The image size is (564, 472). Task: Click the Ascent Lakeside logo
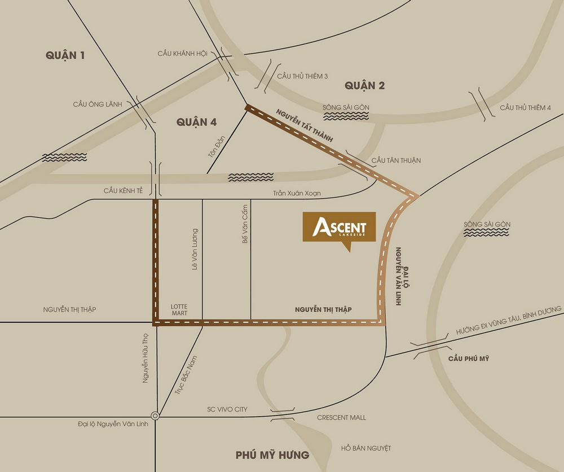pos(339,228)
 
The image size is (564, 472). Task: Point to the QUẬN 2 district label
pos(364,85)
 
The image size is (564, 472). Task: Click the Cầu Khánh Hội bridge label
pos(183,53)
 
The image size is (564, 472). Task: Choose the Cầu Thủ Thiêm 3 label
pos(302,76)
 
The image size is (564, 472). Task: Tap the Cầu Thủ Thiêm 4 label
pos(525,108)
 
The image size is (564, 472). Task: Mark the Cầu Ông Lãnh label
pos(98,104)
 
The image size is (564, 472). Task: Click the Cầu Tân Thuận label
pos(396,160)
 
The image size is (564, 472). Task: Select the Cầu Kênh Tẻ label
pos(123,191)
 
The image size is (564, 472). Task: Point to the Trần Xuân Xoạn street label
pos(297,193)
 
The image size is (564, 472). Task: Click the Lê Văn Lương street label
pos(195,249)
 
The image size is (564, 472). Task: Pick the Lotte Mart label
pos(179,309)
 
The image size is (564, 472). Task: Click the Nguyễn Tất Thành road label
pos(305,124)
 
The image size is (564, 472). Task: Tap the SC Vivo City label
pos(227,409)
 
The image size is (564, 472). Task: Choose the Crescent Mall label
pos(341,417)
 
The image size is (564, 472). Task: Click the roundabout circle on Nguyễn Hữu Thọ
pos(156,416)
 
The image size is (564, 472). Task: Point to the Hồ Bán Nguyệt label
pos(366,448)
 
